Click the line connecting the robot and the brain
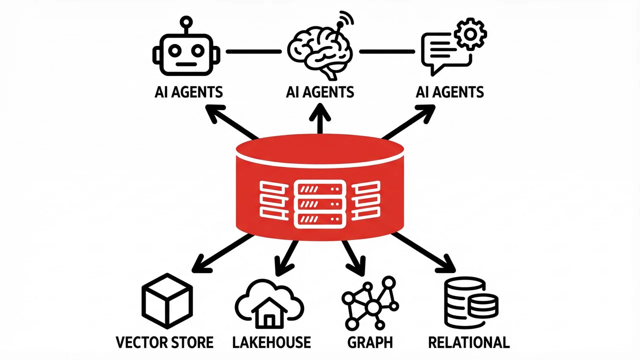[253, 51]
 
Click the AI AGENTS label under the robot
[189, 92]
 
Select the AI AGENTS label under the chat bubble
[450, 92]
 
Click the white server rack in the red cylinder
[320, 204]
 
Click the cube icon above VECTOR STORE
[167, 300]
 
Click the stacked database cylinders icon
[470, 303]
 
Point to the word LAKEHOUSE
[271, 342]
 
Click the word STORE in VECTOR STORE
[190, 342]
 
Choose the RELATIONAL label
[469, 342]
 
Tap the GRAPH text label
[370, 342]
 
